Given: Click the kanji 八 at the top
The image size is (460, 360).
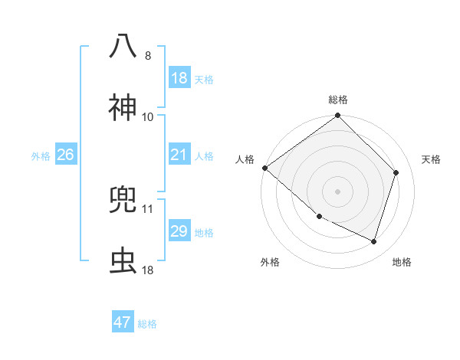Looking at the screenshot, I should [123, 45].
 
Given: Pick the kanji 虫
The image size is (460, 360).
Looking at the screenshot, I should [123, 260].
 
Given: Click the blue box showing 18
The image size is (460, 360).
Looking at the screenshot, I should [179, 78].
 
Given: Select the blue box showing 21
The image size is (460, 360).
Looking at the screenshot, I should [179, 155].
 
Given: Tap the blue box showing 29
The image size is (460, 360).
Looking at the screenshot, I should [179, 232].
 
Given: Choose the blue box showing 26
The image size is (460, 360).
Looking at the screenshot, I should [65, 155].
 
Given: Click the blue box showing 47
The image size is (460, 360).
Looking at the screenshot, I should [123, 322].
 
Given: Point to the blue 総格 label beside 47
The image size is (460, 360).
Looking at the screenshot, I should [147, 324].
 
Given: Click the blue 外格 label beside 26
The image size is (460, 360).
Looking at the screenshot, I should [41, 156].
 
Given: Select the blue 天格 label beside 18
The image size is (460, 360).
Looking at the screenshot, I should [204, 79].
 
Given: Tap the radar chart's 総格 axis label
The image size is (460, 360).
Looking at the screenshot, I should [338, 100].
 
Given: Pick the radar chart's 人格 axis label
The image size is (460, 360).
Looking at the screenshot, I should [245, 159].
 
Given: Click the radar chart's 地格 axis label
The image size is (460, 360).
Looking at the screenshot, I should [402, 262].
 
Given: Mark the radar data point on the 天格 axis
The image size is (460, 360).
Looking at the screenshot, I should [396, 172].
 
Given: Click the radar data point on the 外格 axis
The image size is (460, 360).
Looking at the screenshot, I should [319, 216].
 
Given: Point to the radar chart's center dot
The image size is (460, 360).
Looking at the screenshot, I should [338, 191].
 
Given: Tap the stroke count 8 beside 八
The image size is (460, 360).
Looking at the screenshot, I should [148, 56].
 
